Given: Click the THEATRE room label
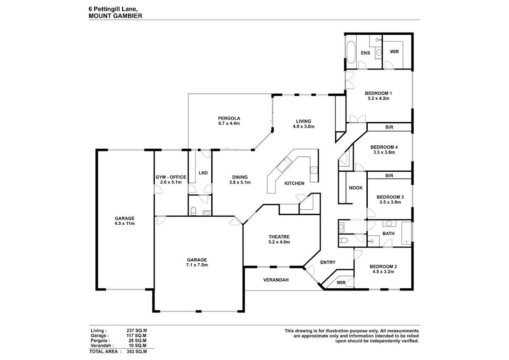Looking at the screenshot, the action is tap(279, 237).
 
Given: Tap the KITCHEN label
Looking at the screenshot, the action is tap(294, 184).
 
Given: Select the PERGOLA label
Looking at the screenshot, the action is tap(229, 118).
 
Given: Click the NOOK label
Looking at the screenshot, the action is tap(355, 188).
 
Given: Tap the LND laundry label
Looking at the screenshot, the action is tap(203, 173).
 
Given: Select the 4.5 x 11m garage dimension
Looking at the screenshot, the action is tap(124, 223).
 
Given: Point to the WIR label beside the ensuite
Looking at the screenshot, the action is tap(394, 52).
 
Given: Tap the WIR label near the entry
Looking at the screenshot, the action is tap(341, 282).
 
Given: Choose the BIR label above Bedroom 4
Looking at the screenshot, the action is tap(389, 127).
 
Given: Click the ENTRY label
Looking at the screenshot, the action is tap(327, 262).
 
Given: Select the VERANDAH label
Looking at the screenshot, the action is tap(276, 280).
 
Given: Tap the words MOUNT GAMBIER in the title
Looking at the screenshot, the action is tap(115, 15).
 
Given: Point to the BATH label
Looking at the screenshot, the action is tap(389, 234).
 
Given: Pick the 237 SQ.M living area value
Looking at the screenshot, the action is tap(136, 330).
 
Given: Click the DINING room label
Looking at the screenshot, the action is tap(240, 177).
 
